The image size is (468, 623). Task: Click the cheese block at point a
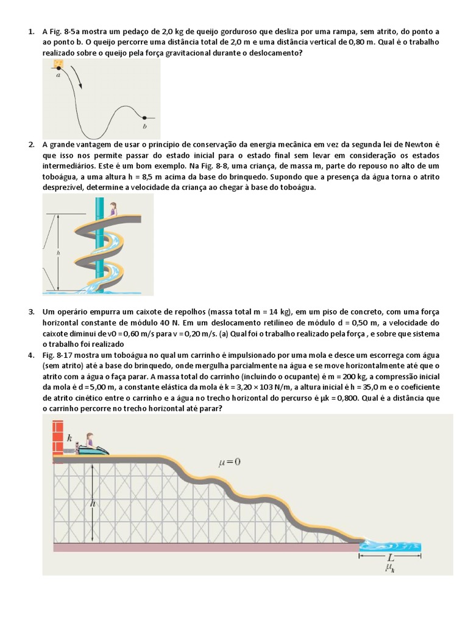58,64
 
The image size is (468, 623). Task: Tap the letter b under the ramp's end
144,126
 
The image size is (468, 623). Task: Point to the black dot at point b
144,117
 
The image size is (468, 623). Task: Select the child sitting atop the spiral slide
113,209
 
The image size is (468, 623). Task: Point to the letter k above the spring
69,437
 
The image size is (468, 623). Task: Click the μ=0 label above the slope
229,462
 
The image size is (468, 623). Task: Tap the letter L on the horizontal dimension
390,557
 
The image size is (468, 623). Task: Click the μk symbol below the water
390,568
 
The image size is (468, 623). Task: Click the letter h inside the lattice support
93,503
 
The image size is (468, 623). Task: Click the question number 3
31,311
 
